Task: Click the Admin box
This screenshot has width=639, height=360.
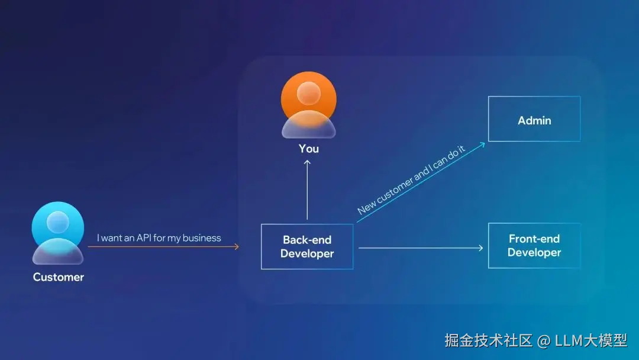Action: click(534, 120)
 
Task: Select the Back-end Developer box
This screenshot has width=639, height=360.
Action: click(307, 247)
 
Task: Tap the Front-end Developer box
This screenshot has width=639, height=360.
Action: click(534, 246)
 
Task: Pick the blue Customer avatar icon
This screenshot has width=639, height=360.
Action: click(58, 233)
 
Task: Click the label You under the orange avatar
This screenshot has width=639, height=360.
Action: click(308, 149)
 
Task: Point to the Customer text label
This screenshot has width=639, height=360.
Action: click(58, 277)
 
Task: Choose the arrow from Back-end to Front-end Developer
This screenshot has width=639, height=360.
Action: click(420, 247)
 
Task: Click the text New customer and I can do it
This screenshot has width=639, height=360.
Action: click(411, 180)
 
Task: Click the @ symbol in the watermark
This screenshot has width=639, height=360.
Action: click(543, 341)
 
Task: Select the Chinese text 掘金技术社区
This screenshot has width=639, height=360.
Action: click(488, 340)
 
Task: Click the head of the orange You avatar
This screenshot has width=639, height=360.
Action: click(308, 94)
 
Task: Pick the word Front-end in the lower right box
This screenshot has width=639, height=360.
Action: click(534, 239)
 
